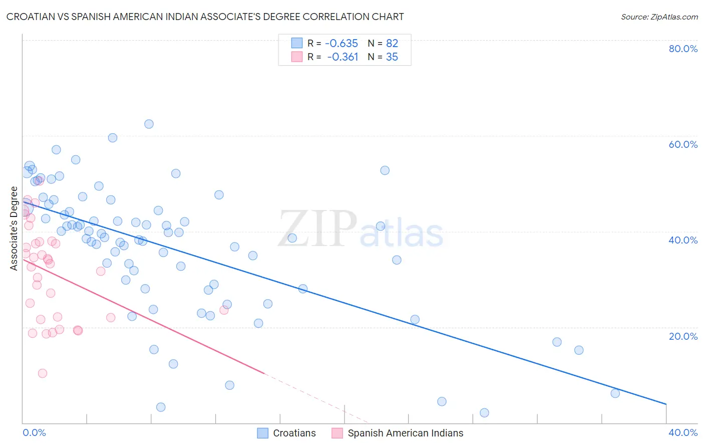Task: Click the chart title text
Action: pyautogui.click(x=205, y=17)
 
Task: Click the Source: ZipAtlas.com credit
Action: pyautogui.click(x=659, y=17)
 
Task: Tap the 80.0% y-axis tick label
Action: pyautogui.click(x=683, y=49)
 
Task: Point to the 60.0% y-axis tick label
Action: pyautogui.click(x=683, y=144)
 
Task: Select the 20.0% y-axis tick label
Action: pyautogui.click(x=683, y=336)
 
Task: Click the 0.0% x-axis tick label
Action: pyautogui.click(x=34, y=432)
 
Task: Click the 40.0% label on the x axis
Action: pyautogui.click(x=683, y=432)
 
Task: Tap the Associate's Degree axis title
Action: pyautogui.click(x=14, y=229)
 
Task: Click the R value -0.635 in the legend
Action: pyautogui.click(x=341, y=43)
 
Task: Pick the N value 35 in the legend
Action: pyautogui.click(x=392, y=57)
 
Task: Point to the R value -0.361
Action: pyautogui.click(x=342, y=57)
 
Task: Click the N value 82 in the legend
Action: pyautogui.click(x=392, y=43)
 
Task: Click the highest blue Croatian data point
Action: pyautogui.click(x=149, y=124)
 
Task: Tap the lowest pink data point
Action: pyautogui.click(x=43, y=373)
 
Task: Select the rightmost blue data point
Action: pyautogui.click(x=615, y=393)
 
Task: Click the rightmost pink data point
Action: pyautogui.click(x=224, y=310)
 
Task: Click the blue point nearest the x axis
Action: pyautogui.click(x=484, y=413)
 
